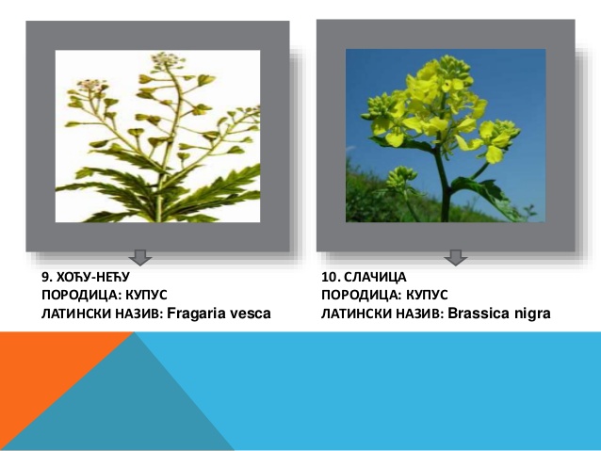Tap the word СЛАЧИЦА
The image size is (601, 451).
coord(375,277)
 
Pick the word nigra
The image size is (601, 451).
coord(530,314)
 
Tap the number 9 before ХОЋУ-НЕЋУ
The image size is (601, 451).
coord(46,277)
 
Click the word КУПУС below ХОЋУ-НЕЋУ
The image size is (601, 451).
coord(146,295)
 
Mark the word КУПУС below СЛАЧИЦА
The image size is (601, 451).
coord(427,295)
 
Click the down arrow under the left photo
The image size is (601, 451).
coord(140,257)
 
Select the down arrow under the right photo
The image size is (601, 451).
coord(456,257)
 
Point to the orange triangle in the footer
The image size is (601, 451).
coord(46,372)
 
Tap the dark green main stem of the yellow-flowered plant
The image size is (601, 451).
coord(445,184)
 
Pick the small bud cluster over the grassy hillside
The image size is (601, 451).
coord(400,179)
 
